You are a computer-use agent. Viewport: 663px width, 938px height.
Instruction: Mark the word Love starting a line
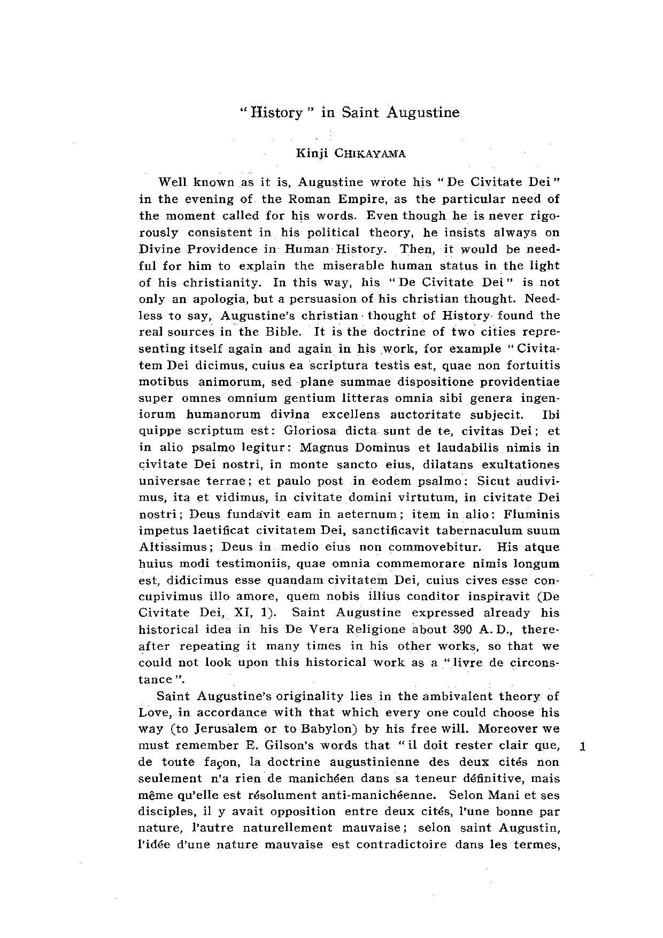pyautogui.click(x=154, y=712)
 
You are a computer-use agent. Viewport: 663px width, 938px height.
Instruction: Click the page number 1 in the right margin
pyautogui.click(x=583, y=747)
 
